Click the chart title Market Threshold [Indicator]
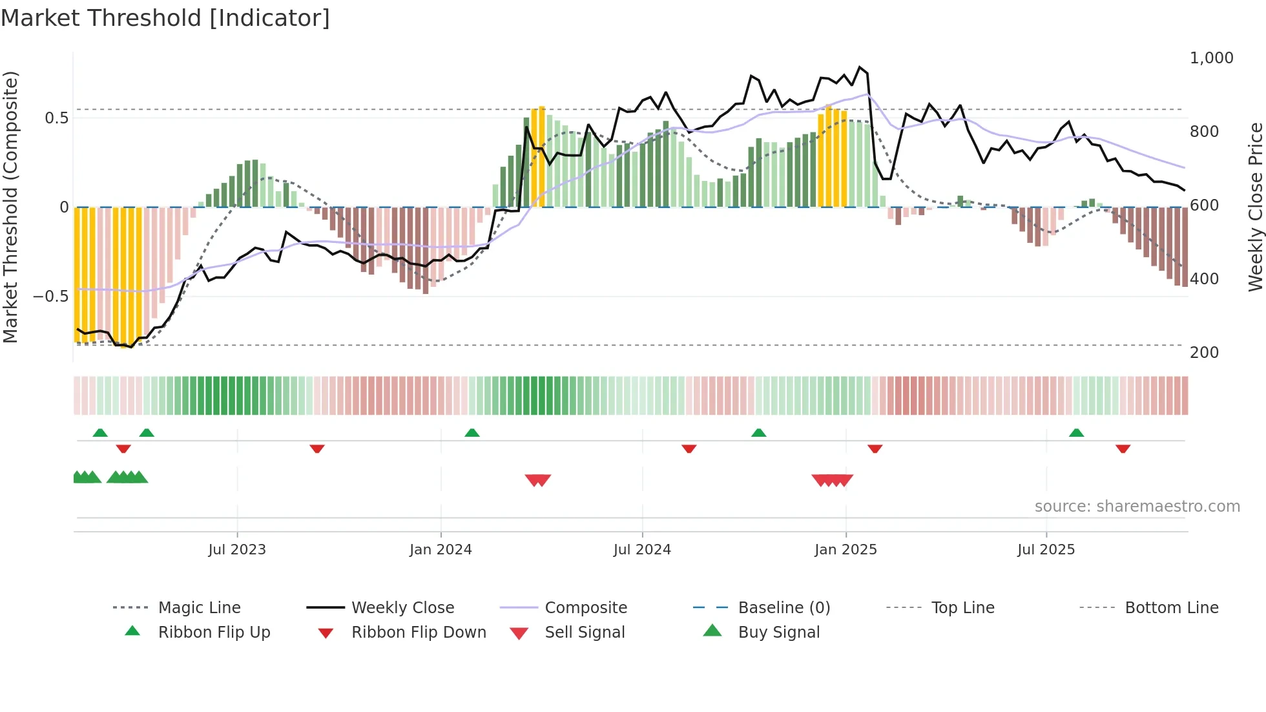(165, 18)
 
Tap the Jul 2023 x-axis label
(237, 550)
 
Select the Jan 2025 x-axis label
(846, 550)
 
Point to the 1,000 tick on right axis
(1211, 58)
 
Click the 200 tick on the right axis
(1204, 353)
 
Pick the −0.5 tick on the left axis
(50, 297)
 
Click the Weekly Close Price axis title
(1255, 207)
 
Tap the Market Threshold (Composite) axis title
(10, 207)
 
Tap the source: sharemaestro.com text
(1137, 507)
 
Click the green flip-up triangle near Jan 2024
(472, 433)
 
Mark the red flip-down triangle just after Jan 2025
(875, 448)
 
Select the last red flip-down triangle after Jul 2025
(1123, 448)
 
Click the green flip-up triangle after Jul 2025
(1076, 433)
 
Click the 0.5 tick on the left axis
(56, 118)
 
